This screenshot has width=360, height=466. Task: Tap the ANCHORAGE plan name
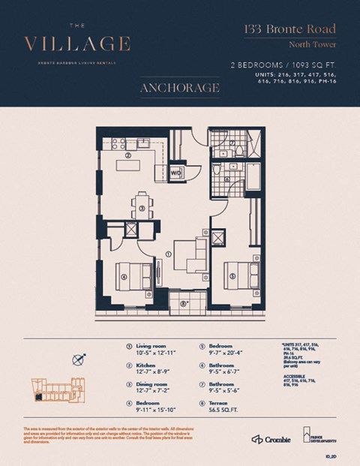coord(179,89)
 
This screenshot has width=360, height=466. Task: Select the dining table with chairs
coord(141,203)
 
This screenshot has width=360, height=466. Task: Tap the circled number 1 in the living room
coord(168,254)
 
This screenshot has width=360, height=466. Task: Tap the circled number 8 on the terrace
coord(184,303)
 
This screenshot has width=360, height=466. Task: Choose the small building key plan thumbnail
coord(56,389)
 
